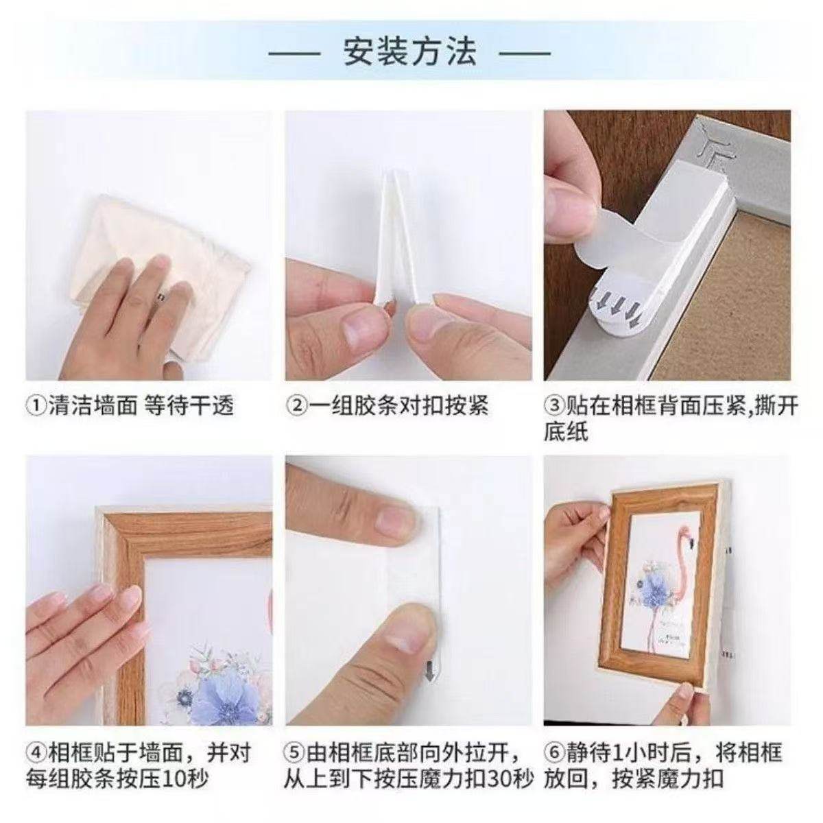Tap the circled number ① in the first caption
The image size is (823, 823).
coord(36,406)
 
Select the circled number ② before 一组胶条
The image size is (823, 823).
coord(296,406)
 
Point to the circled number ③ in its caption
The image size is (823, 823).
coord(554,406)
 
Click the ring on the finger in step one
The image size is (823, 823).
coord(160,296)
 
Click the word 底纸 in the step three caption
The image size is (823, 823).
coord(566,432)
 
